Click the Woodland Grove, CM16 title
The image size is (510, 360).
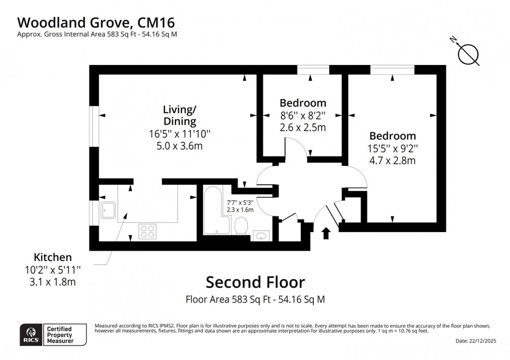point(96,22)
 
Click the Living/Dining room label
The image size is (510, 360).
point(180,115)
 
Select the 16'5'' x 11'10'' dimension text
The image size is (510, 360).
point(180,134)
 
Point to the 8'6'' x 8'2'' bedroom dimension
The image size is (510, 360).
point(302,115)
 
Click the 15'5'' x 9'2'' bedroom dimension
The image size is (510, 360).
point(393,149)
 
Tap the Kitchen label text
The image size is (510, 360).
point(53,257)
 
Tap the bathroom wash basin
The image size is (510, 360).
point(261,236)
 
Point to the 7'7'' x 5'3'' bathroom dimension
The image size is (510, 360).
point(240,202)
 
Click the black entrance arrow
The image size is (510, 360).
point(326,233)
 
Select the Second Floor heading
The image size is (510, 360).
point(255,282)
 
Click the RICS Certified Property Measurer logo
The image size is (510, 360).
point(53,334)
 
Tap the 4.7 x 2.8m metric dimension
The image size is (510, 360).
point(393,161)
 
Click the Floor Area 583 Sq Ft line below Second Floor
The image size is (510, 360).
point(255,300)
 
